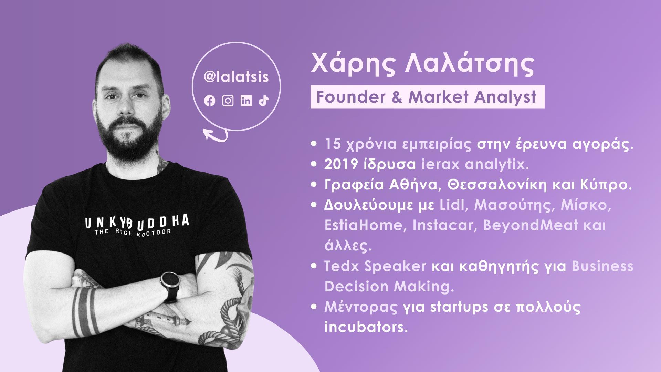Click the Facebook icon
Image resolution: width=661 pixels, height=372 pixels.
(210, 101)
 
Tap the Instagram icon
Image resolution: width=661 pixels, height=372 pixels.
(228, 101)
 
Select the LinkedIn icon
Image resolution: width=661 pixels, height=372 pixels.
(246, 101)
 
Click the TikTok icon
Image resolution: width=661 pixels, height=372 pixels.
(264, 101)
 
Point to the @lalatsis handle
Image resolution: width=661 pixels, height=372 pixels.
(236, 77)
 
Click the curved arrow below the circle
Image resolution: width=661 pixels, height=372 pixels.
(216, 135)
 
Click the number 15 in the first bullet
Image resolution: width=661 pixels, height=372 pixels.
(332, 145)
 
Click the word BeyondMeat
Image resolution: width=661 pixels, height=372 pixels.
(531, 225)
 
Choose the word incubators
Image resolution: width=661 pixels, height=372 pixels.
(366, 327)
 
